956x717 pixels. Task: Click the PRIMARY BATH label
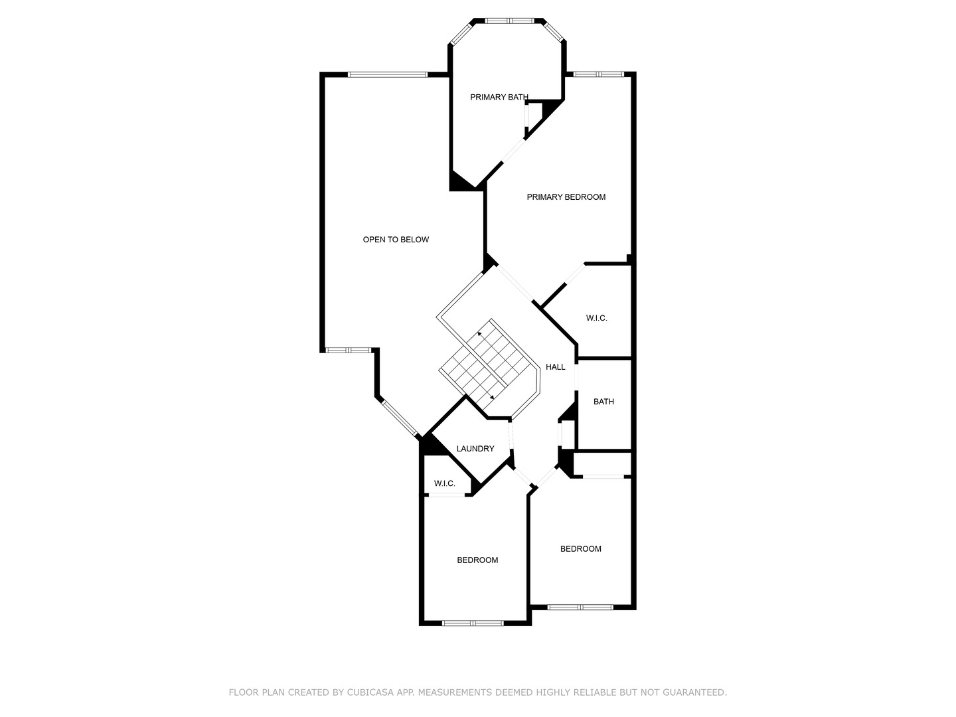pos(499,98)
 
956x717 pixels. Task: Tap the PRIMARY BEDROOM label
pos(566,197)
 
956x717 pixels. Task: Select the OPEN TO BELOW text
pos(396,240)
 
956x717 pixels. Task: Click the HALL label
pos(555,367)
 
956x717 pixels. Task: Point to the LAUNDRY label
pos(475,449)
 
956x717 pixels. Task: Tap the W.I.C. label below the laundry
pos(444,484)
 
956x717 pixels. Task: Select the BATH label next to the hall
pos(603,402)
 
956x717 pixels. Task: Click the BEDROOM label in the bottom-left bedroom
pos(477,560)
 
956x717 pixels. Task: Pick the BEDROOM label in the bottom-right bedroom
pos(580,549)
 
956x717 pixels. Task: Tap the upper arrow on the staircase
pos(479,334)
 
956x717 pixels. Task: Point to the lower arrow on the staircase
pos(491,396)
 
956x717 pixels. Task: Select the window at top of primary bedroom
pos(598,74)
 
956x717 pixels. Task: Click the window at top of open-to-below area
pos(388,74)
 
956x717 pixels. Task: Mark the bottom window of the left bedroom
pos(473,623)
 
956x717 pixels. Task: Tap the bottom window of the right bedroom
pos(580,607)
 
